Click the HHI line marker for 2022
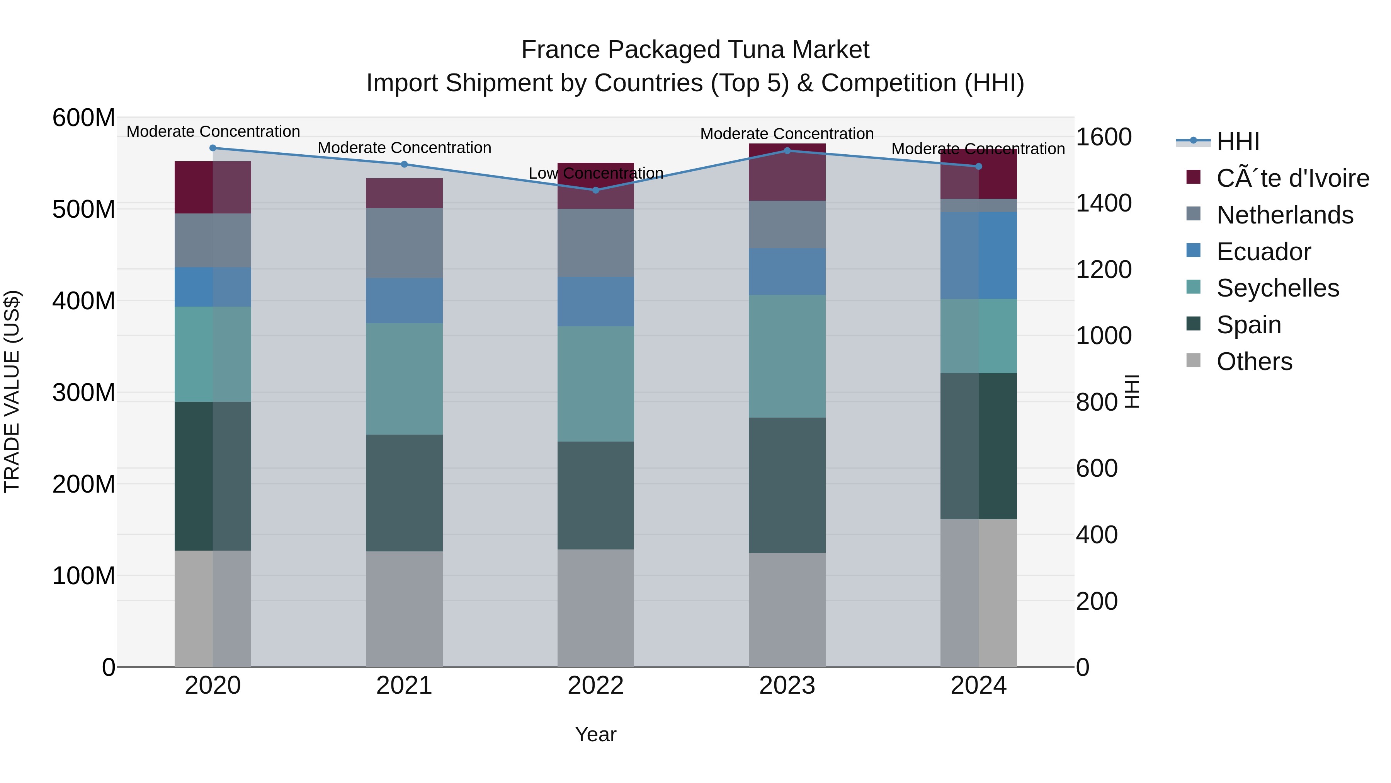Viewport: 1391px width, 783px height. [595, 190]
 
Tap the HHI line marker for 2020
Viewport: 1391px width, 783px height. [213, 148]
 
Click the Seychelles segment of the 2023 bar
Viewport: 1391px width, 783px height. [787, 356]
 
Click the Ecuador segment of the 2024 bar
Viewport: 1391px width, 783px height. [978, 255]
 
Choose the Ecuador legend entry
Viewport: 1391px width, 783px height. [1263, 252]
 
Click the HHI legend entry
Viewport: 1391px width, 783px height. [1237, 142]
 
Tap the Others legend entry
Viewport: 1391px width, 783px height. [1254, 362]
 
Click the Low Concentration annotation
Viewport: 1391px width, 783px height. [595, 174]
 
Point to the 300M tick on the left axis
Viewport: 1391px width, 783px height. [84, 392]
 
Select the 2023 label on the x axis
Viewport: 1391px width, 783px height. [787, 686]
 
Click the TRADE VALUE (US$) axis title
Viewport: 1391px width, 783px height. [12, 391]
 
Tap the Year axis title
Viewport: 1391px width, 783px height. [595, 734]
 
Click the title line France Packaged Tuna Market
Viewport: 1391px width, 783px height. [695, 50]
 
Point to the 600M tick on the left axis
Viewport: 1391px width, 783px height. [84, 118]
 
